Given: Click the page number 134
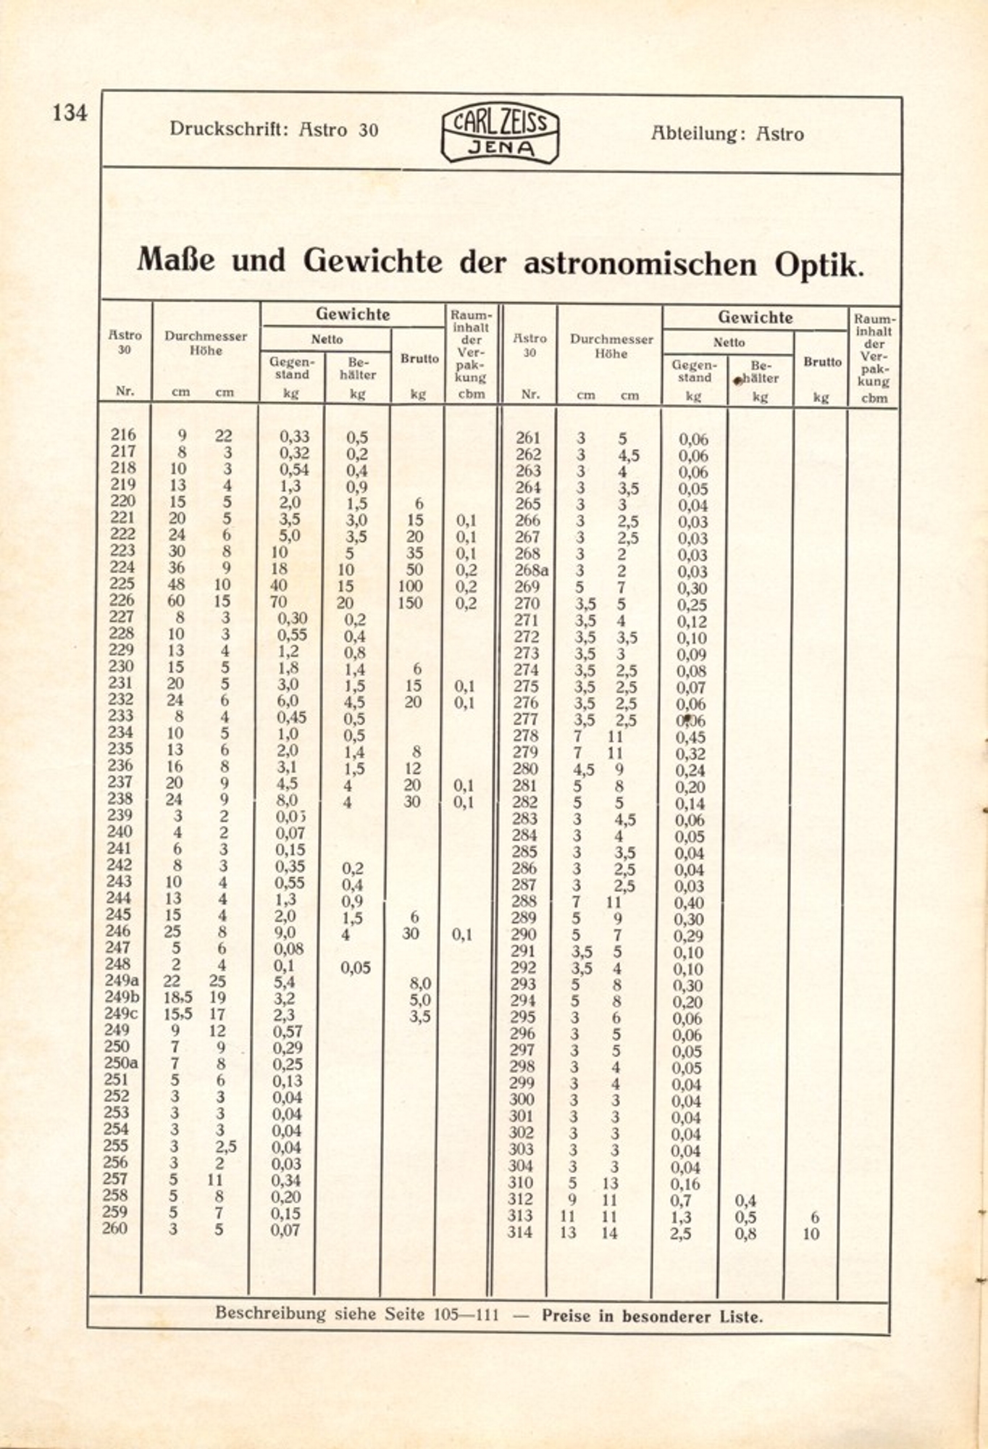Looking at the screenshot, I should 70,113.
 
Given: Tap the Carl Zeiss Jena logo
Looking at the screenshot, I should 500,133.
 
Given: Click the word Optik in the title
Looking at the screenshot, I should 819,264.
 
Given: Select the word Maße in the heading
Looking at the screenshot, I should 176,259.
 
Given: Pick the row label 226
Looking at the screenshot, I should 122,600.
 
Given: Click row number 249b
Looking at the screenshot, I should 122,997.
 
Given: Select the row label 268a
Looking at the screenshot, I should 531,570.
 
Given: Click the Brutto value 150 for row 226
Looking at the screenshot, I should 410,603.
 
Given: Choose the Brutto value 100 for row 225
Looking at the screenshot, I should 410,586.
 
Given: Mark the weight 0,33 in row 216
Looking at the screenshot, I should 294,437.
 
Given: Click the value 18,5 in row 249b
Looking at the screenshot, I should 178,998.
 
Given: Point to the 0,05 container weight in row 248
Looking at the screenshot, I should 356,967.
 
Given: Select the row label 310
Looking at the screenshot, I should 520,1182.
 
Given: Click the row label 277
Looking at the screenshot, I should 526,719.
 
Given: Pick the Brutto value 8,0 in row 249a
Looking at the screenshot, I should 420,983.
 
